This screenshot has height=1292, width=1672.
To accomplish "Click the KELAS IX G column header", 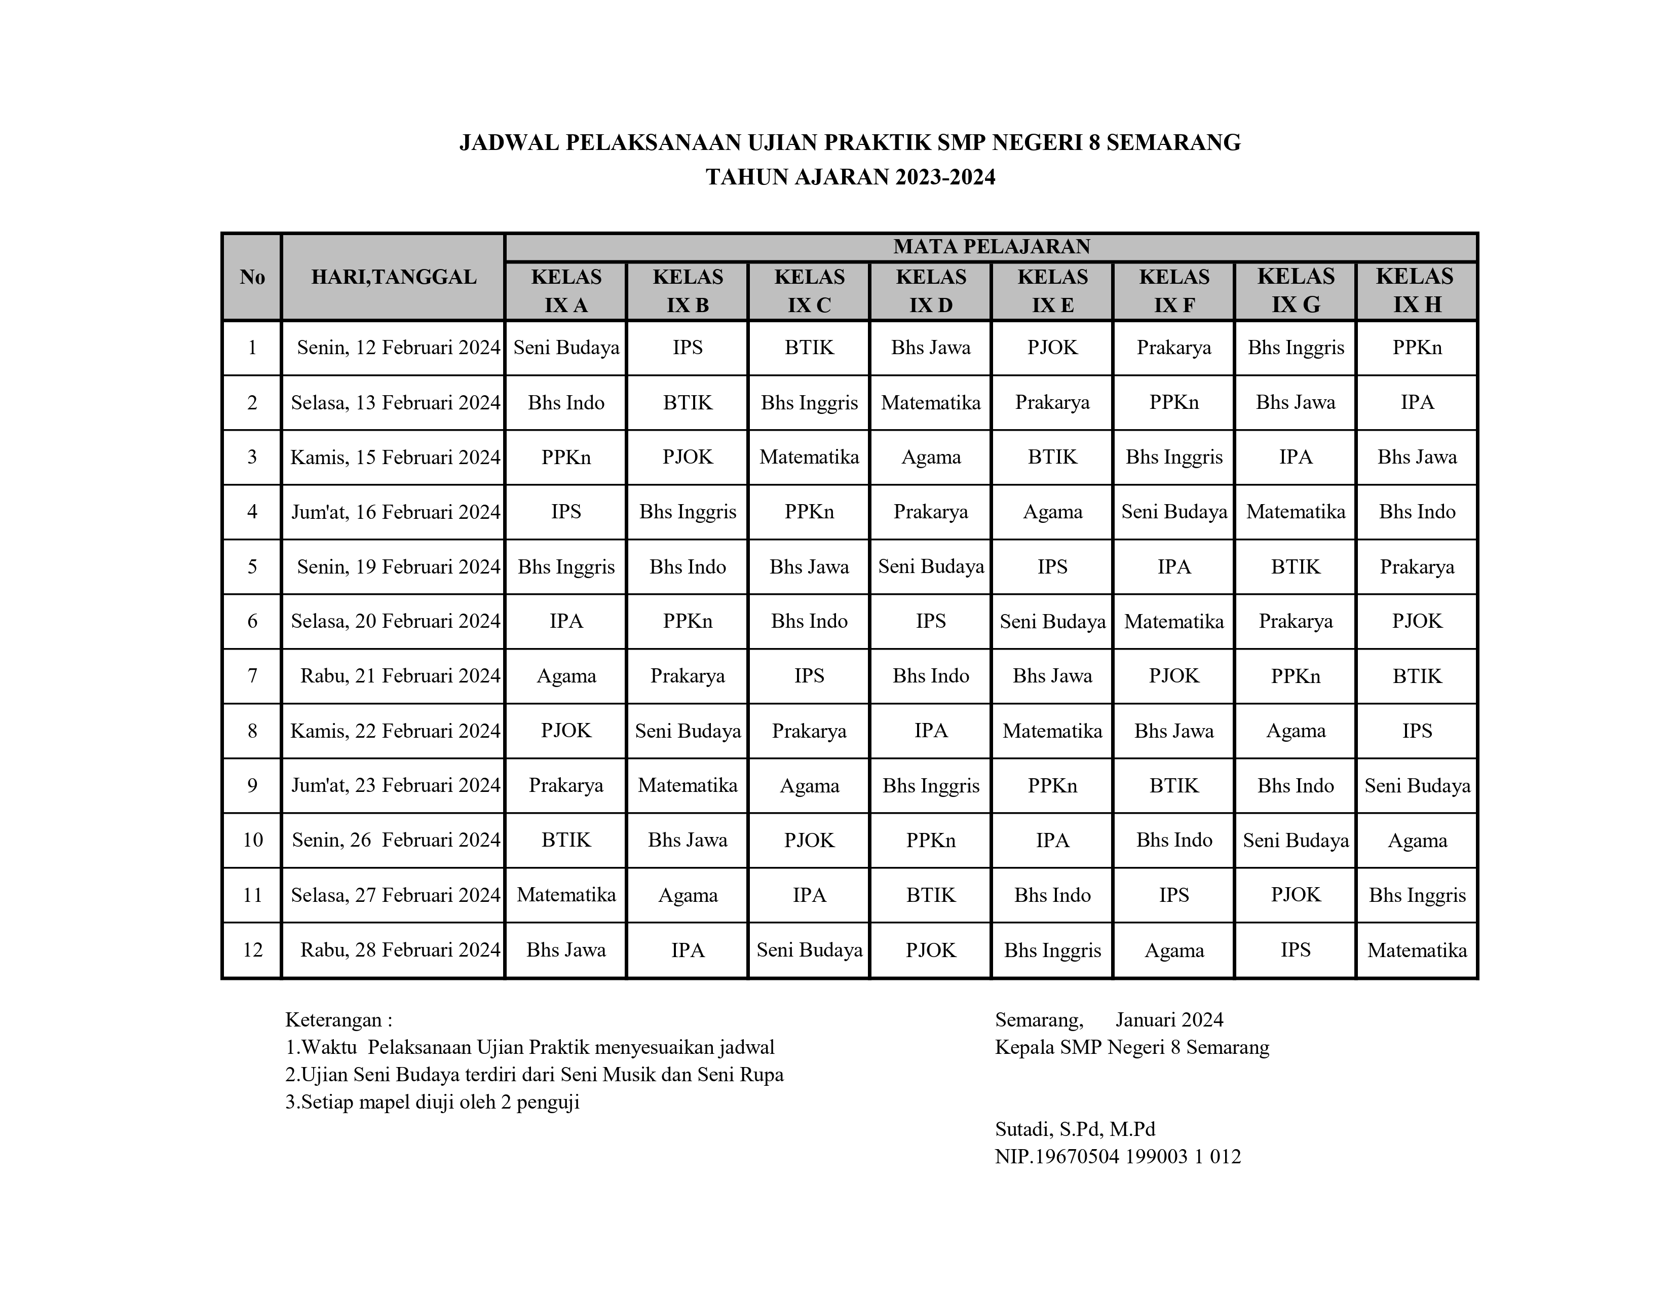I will (1296, 291).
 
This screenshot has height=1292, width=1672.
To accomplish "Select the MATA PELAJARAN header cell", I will (992, 246).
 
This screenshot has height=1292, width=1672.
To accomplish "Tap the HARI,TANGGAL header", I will (394, 277).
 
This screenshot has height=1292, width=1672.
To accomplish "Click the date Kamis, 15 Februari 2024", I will (395, 457).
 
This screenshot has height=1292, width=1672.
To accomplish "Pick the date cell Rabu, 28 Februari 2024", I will (400, 950).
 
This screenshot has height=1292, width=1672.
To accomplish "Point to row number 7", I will (252, 676).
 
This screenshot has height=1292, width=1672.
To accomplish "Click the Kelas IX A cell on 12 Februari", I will (566, 348).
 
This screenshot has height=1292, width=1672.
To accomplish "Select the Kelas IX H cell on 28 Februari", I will (1417, 950).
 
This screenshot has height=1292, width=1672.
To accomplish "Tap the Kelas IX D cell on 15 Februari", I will (931, 457).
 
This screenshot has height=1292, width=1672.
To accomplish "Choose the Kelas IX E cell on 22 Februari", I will (1053, 731).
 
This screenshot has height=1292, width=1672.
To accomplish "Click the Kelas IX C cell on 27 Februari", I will (809, 895).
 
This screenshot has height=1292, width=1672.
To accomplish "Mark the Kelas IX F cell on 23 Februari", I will (1173, 785).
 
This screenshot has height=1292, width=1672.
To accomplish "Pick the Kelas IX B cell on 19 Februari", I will (688, 566).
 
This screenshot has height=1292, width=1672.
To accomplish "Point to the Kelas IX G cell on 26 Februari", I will (1296, 841).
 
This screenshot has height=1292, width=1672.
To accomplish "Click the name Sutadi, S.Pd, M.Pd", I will (1075, 1129).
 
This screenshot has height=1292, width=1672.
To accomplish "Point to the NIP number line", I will (1118, 1157).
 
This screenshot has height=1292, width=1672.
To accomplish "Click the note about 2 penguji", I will (433, 1102).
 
